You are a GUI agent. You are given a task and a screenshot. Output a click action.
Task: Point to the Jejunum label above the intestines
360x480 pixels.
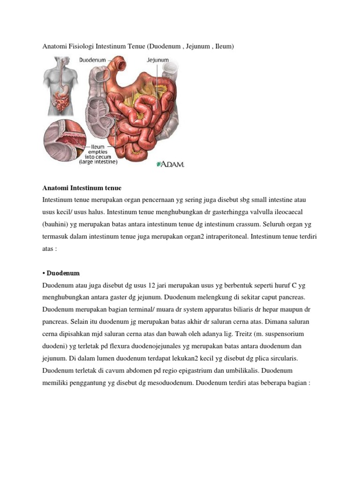(158, 60)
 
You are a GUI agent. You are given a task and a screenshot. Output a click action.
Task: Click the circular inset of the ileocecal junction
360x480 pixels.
(66, 141)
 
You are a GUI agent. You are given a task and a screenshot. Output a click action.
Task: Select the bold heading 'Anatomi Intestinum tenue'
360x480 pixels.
(82, 188)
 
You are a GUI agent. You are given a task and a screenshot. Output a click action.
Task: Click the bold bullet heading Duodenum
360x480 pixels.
(63, 273)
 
